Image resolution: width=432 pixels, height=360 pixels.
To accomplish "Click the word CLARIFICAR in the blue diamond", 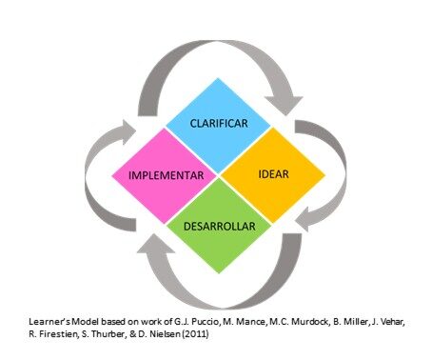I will [220, 124].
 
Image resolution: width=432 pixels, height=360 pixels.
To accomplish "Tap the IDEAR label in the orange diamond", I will [273, 175].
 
